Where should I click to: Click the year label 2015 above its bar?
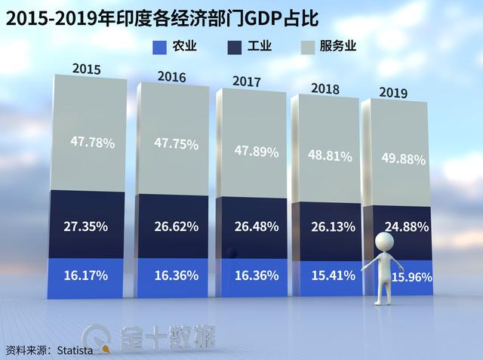coord(87,69)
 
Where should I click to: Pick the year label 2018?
coord(325,88)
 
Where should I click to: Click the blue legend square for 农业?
coord(158,48)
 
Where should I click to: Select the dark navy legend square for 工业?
coord(234,48)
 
